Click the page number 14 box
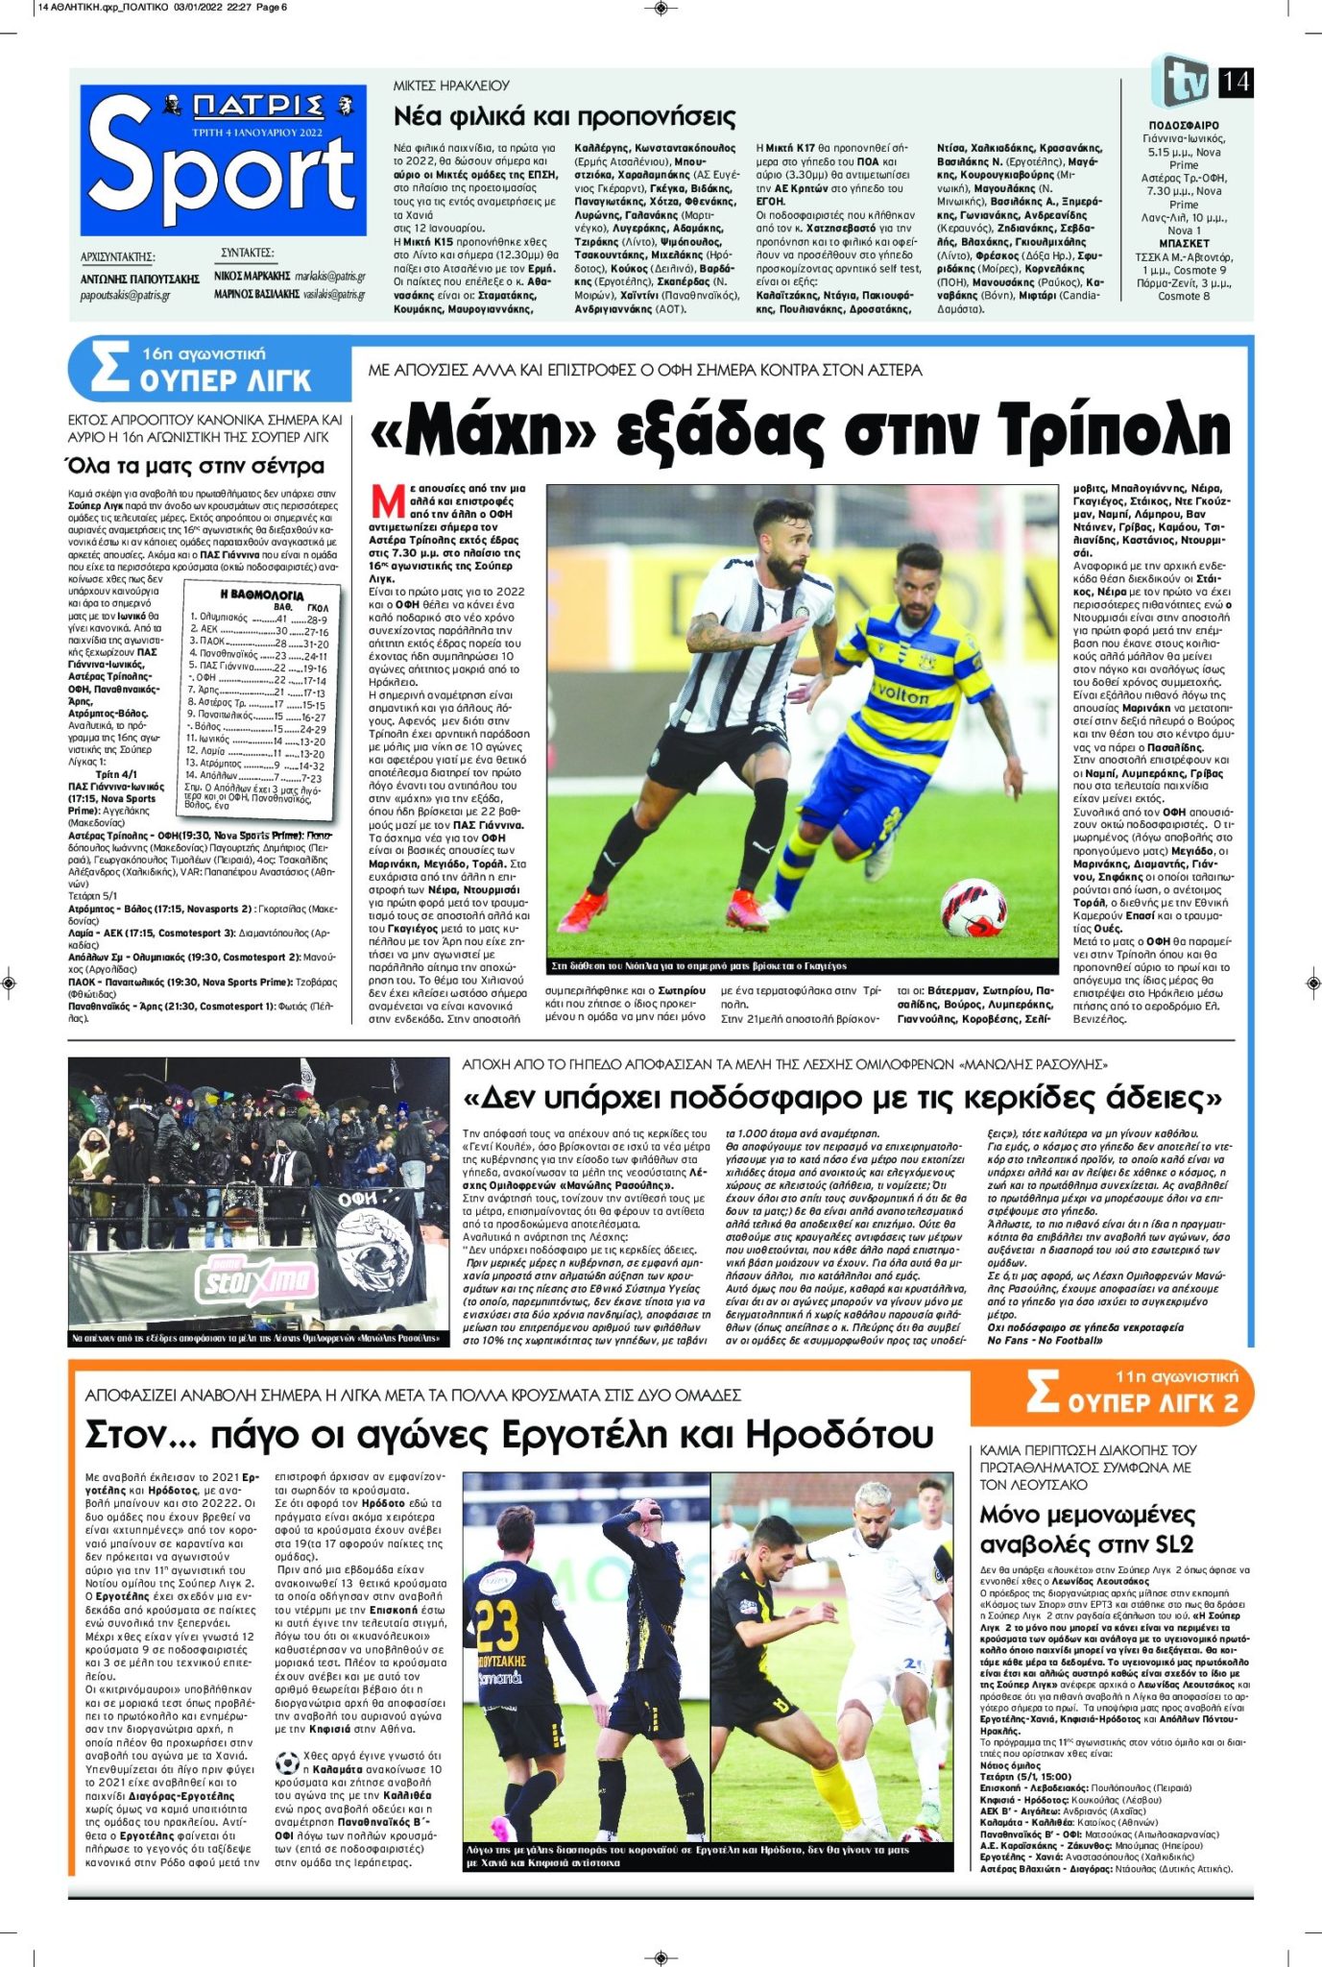[1235, 82]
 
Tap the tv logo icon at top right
[1183, 82]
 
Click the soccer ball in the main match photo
[973, 907]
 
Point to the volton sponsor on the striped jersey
[899, 692]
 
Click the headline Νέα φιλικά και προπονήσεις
[565, 117]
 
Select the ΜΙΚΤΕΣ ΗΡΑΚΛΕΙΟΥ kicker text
[451, 85]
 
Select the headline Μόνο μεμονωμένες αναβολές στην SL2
[1087, 1529]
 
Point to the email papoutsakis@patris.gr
[125, 295]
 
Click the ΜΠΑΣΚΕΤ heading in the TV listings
[1184, 244]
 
